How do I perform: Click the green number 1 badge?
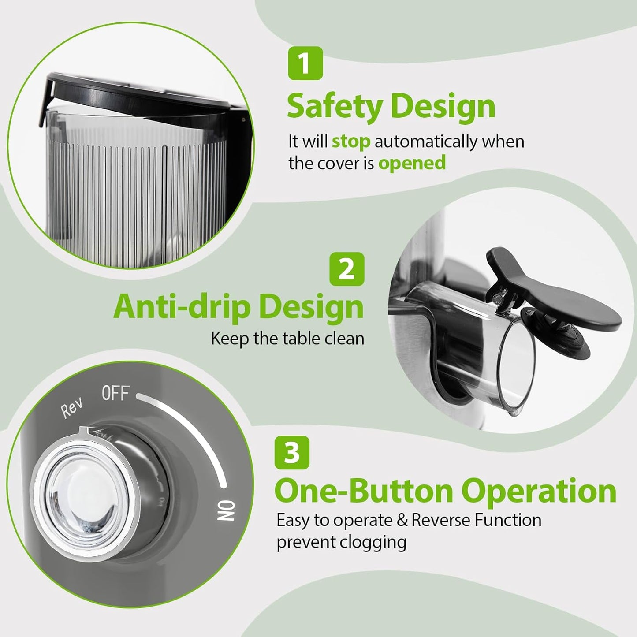(305, 63)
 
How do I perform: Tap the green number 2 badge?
(346, 269)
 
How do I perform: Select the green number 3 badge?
(292, 452)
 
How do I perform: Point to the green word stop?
(350, 142)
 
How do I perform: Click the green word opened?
(412, 164)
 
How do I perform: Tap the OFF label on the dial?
(115, 393)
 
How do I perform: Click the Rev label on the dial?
(71, 408)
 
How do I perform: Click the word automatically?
(425, 142)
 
